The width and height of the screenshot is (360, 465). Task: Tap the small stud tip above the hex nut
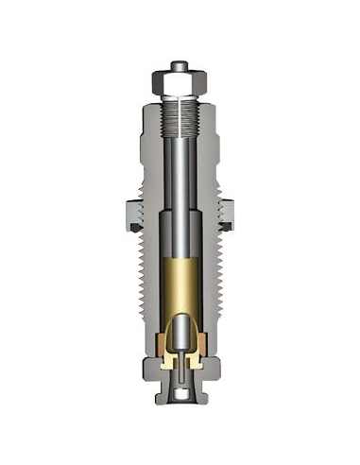tap(178, 66)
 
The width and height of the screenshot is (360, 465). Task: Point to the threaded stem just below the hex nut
tap(178, 118)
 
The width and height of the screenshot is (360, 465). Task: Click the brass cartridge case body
tap(178, 284)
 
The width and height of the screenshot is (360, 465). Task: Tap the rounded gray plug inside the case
tap(178, 336)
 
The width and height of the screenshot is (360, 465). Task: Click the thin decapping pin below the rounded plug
tap(178, 373)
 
